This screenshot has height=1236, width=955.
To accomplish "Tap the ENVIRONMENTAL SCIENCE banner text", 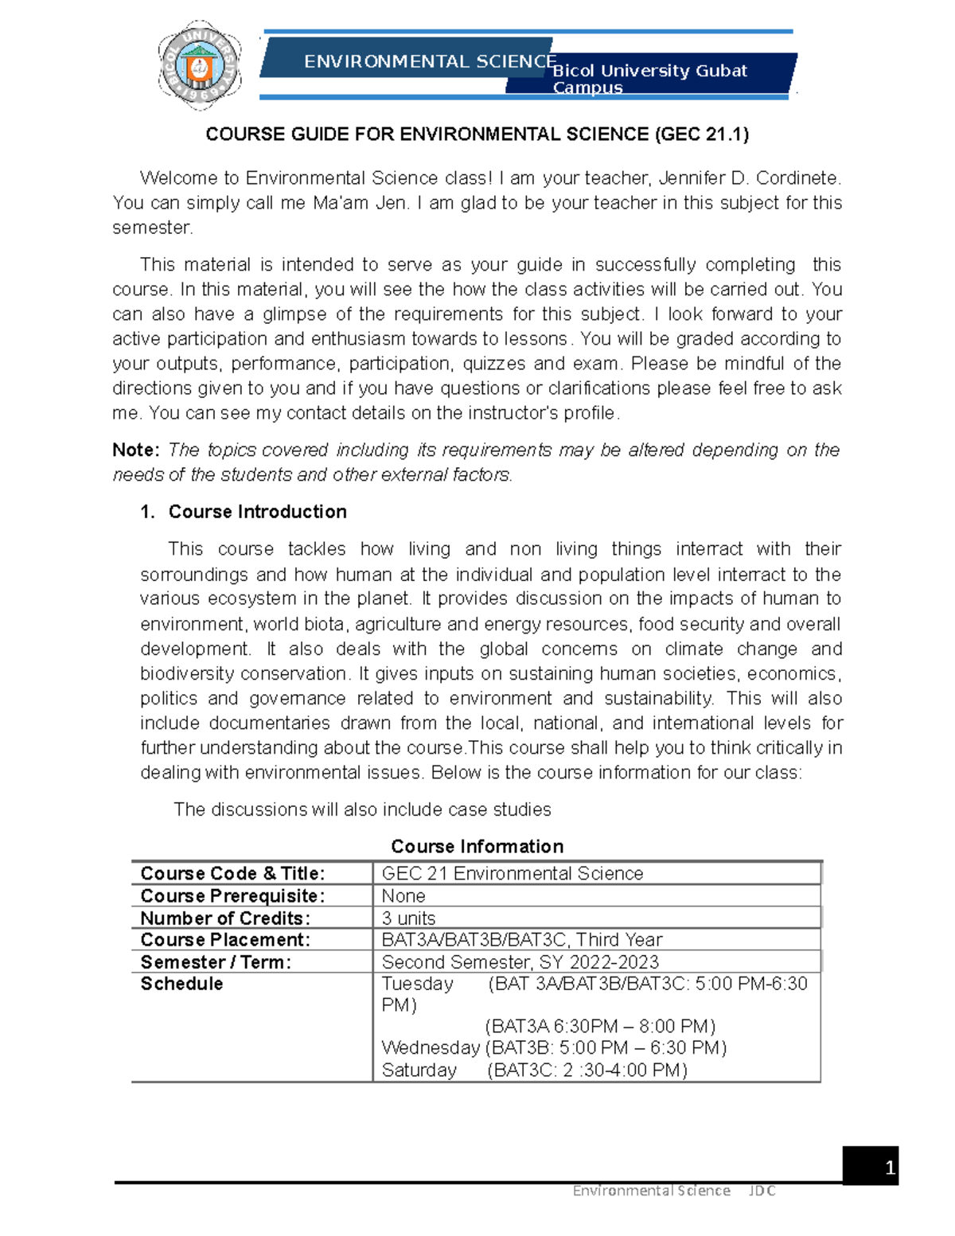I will [x=430, y=61].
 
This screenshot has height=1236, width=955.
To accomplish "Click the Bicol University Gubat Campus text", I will [x=649, y=78].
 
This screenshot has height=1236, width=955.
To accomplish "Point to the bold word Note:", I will [x=136, y=450].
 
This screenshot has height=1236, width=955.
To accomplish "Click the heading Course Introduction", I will [x=257, y=512].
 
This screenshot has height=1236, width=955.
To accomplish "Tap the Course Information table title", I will [x=477, y=846].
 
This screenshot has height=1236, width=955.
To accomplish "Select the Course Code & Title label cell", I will [x=232, y=873].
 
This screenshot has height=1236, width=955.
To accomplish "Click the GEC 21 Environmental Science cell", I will [x=512, y=873].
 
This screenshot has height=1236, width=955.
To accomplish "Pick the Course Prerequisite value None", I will [x=403, y=895].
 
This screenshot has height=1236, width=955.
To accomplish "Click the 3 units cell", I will [x=408, y=918].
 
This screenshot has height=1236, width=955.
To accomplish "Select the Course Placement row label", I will [x=225, y=939].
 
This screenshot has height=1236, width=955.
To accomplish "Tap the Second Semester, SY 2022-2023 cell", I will [x=520, y=961].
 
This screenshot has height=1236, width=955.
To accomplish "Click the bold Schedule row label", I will [x=181, y=984].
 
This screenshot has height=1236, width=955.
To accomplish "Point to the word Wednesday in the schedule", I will [x=430, y=1047].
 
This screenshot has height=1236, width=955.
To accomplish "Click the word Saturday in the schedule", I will [x=419, y=1070].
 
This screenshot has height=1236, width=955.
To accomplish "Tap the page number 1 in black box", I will [x=889, y=1168].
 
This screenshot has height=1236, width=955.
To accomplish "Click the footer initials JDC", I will [x=762, y=1191].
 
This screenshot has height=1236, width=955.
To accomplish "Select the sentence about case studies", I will [x=362, y=809].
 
